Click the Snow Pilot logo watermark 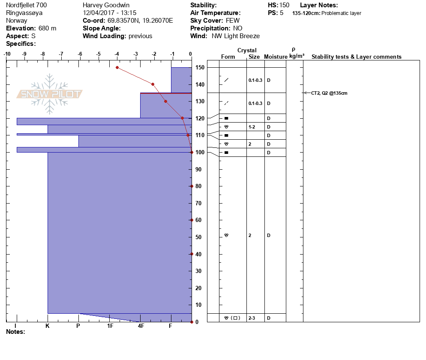coord(50,94)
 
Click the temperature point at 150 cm coord(117,67)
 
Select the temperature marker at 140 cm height coord(153,84)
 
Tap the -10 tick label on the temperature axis coord(7,54)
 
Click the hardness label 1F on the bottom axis coord(110,326)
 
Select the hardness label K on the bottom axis coord(48,326)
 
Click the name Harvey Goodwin coord(106,5)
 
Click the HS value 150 coord(285,5)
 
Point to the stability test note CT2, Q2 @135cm coord(329,93)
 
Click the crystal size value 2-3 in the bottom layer coord(252,318)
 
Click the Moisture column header coord(275,57)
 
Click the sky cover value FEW coord(233,21)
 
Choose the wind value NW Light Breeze coord(236,36)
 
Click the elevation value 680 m coord(47,28)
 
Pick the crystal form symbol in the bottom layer coord(232,318)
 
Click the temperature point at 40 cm coord(192,254)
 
